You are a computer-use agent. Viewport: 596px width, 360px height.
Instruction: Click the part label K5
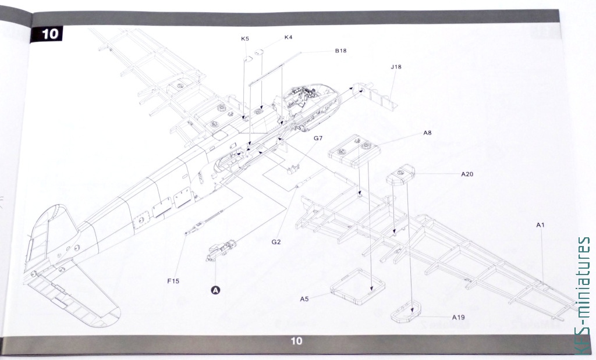click(x=245, y=38)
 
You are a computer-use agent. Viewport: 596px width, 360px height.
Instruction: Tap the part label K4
click(x=289, y=37)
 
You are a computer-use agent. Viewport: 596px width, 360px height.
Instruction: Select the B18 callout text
click(x=340, y=51)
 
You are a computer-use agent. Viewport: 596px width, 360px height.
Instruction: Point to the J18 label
click(x=396, y=67)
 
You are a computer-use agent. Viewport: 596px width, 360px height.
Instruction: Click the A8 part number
click(x=427, y=133)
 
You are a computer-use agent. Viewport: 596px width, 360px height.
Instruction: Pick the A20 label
click(x=467, y=174)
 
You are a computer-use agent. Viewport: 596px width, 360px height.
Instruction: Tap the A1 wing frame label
click(x=540, y=225)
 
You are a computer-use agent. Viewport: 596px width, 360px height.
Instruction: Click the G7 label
click(x=318, y=138)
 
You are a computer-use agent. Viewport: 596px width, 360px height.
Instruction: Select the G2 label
click(x=276, y=242)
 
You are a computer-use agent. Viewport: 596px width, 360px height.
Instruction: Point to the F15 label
click(x=173, y=281)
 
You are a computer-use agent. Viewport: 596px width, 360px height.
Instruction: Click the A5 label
click(x=304, y=299)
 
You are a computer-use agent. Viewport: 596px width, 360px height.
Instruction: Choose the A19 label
click(x=459, y=317)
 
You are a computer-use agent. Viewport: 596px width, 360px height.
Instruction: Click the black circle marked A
click(x=215, y=290)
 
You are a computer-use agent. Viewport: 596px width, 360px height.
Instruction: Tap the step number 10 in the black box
click(x=50, y=34)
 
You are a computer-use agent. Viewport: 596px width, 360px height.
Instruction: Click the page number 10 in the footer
click(x=296, y=341)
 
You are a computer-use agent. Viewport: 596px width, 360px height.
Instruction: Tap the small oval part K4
click(x=259, y=52)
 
